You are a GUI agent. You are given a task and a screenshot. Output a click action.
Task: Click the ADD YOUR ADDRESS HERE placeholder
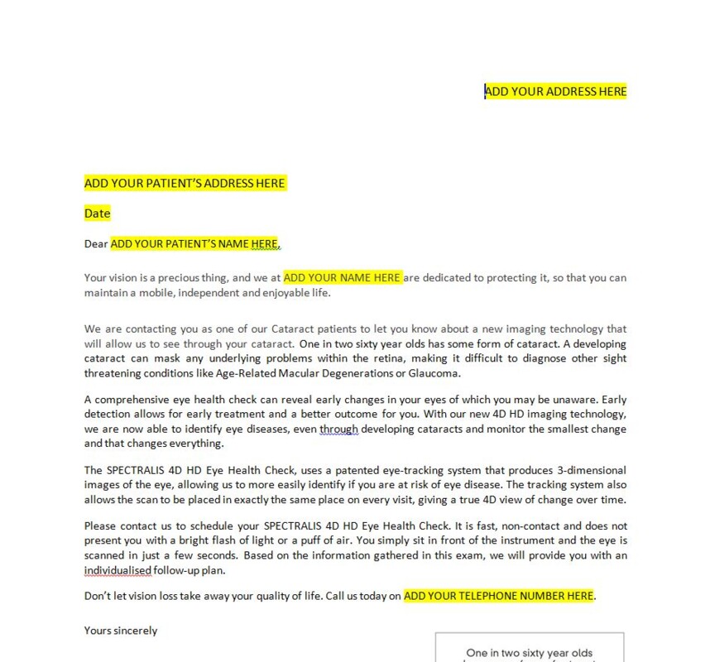(x=555, y=91)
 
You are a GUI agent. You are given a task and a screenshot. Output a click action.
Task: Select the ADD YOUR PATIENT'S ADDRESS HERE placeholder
(x=185, y=183)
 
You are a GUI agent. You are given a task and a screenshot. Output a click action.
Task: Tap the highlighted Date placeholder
(x=97, y=213)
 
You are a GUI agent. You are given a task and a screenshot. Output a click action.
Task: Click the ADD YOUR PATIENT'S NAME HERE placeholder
(x=195, y=243)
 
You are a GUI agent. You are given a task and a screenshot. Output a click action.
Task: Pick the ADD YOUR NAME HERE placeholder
(x=342, y=277)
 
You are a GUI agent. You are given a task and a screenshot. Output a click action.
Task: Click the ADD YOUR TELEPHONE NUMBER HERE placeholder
(x=498, y=595)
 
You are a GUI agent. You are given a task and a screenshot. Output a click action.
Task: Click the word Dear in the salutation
(x=96, y=243)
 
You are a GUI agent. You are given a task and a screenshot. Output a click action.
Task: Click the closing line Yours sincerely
(x=121, y=630)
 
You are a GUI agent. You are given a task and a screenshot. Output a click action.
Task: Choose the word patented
(x=347, y=470)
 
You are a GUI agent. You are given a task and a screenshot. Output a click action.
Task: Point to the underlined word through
(x=338, y=429)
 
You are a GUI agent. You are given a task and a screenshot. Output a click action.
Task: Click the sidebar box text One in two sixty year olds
(x=530, y=653)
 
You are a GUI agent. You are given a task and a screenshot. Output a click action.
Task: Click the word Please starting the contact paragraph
(x=100, y=525)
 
